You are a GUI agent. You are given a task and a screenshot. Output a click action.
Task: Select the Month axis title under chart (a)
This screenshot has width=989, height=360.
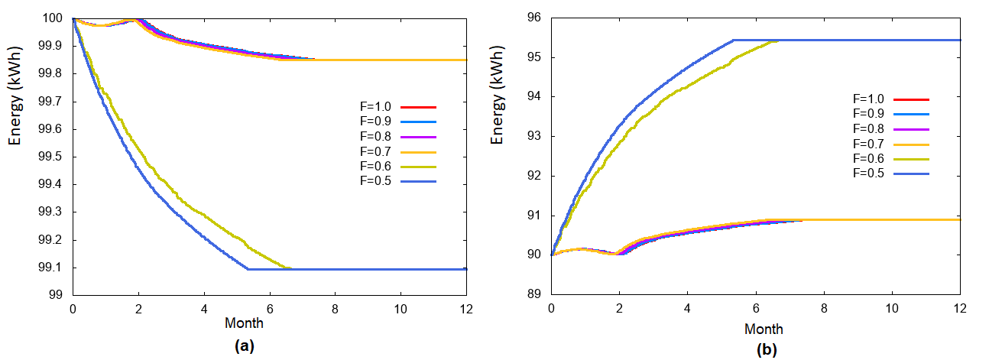point(245,323)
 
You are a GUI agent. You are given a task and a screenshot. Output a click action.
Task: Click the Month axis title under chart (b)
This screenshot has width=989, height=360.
point(763,329)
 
